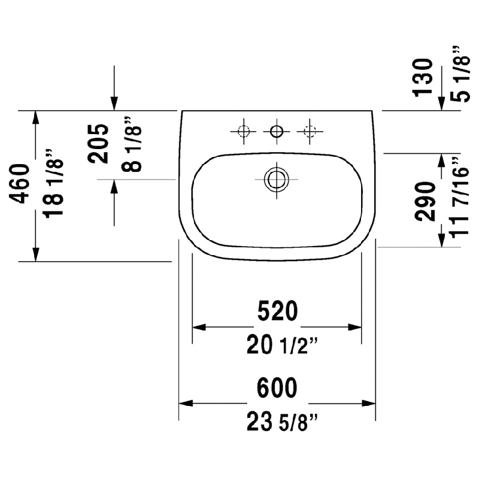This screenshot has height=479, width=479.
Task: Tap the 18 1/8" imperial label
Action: point(54,184)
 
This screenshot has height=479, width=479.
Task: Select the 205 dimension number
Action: point(98,144)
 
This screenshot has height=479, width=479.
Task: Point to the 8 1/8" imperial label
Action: point(132,144)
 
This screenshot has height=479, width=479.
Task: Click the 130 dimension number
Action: point(423,78)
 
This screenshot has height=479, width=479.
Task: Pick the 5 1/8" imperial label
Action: point(460,74)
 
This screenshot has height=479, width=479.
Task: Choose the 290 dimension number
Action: point(425,201)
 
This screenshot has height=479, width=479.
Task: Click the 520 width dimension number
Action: point(277,311)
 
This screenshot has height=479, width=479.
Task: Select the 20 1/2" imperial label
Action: point(282,345)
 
